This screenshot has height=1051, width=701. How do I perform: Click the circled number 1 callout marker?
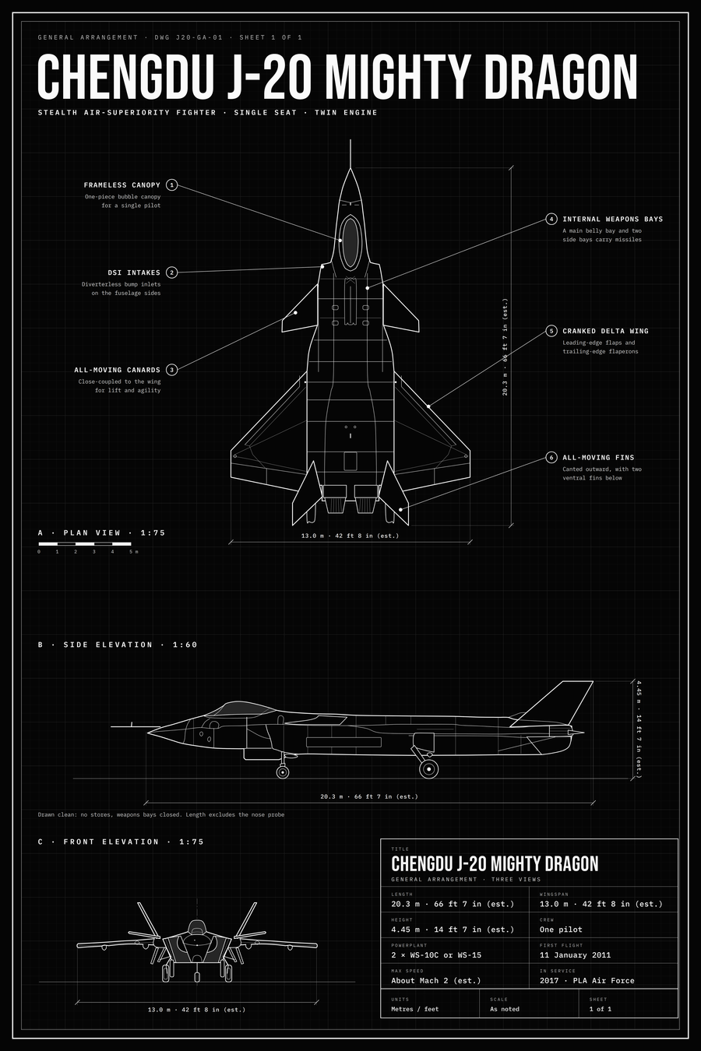coord(172,185)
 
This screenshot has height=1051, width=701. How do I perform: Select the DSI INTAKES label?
coord(134,272)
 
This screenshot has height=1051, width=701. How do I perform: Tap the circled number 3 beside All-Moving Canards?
coord(172,370)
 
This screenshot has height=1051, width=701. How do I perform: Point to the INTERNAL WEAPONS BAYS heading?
coord(613,219)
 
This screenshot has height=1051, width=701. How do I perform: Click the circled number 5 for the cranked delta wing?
coord(551,331)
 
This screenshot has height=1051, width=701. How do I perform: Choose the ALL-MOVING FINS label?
coord(598,458)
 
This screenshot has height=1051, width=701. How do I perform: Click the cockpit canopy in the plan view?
coord(350,243)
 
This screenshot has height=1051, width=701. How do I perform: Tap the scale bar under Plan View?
coord(85,544)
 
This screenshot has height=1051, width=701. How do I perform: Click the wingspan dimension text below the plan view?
coord(350,536)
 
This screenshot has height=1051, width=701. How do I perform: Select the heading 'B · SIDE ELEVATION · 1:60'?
coord(118,645)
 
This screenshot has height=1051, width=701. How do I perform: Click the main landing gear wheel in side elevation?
coord(428,769)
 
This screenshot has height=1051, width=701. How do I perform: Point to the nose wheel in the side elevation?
coord(282,772)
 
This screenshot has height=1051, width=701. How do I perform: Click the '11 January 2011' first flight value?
coord(575,954)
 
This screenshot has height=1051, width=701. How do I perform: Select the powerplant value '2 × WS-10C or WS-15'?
coord(436,954)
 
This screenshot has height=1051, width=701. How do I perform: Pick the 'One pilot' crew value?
coord(561,930)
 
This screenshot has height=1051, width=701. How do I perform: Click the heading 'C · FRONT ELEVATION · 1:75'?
coord(121,842)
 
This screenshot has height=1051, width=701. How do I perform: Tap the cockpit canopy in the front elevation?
coord(197,927)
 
